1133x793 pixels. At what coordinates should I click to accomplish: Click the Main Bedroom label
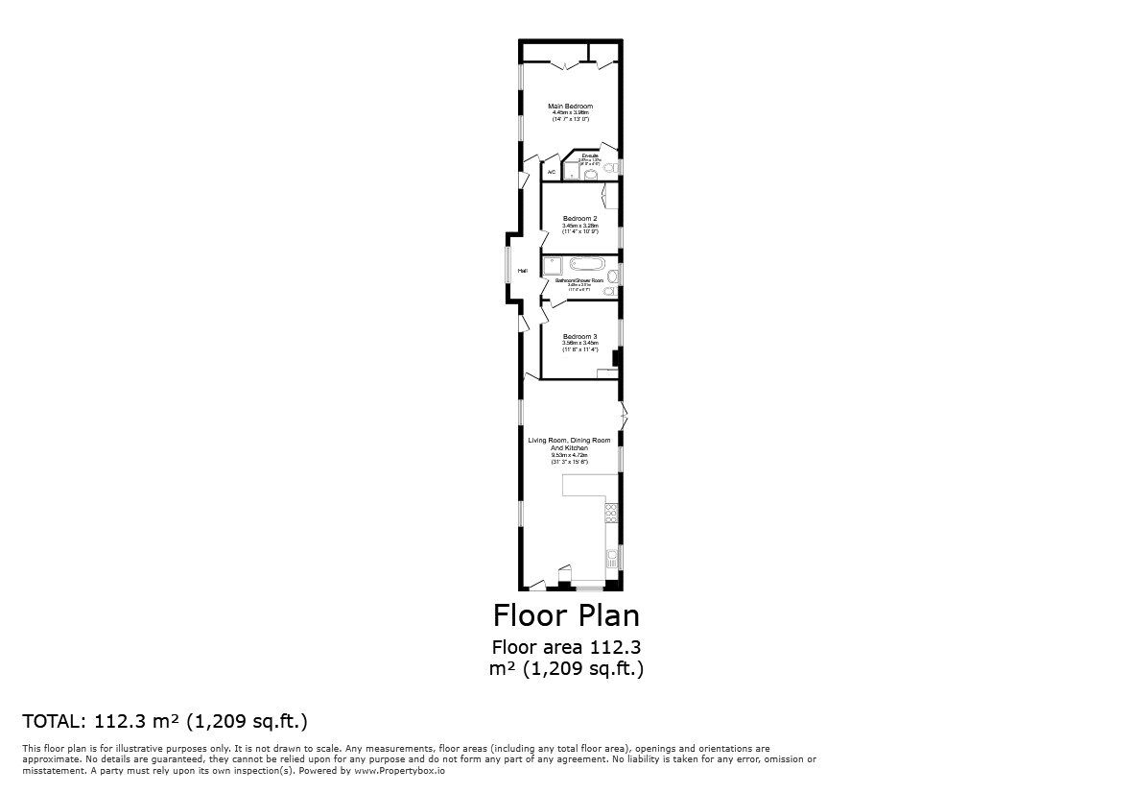tap(570, 106)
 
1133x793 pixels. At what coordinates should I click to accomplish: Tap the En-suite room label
tap(590, 155)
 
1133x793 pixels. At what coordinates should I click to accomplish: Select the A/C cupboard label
tap(551, 173)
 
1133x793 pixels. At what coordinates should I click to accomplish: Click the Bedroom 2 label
tap(579, 219)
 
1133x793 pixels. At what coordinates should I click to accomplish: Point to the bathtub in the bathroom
tap(585, 263)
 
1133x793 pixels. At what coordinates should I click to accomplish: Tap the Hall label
tap(523, 272)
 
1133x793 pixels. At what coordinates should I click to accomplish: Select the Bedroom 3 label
tap(579, 336)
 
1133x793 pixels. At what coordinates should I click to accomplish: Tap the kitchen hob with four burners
tap(610, 512)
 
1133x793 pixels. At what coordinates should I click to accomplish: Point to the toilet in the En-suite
tap(608, 168)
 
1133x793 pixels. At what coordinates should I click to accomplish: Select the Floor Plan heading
tap(566, 614)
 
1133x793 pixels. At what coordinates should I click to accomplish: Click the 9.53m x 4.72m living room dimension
tap(569, 456)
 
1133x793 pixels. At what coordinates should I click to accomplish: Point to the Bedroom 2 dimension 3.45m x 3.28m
tap(579, 226)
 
